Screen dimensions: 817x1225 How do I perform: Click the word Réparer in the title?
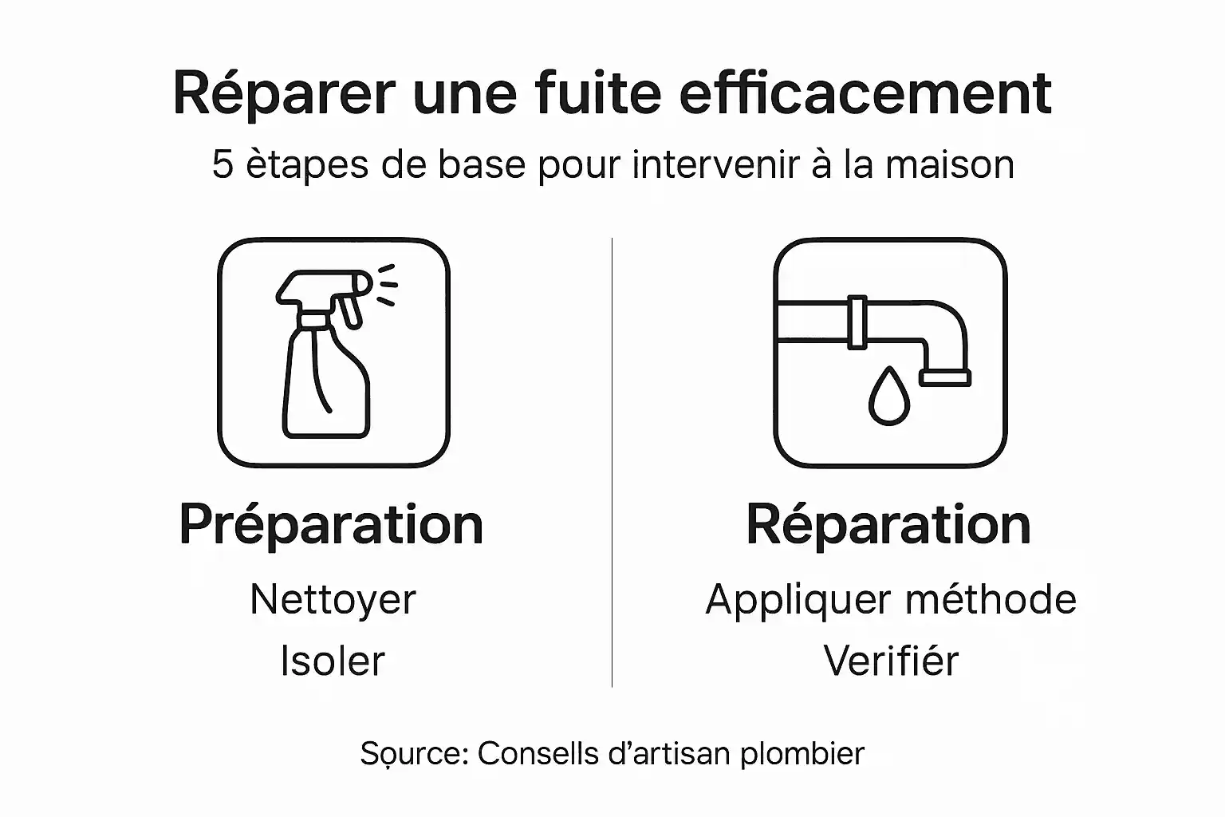[283, 94]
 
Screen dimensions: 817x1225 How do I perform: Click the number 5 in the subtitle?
[222, 165]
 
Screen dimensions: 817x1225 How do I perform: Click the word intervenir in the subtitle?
[715, 165]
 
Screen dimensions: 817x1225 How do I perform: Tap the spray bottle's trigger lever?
[349, 311]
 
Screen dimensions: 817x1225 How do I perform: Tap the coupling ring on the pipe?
[857, 322]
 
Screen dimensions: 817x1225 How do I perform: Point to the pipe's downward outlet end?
[945, 376]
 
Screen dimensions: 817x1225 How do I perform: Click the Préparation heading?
[331, 525]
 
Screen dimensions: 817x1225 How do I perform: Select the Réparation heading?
[888, 525]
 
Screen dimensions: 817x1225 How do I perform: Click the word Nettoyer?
[333, 600]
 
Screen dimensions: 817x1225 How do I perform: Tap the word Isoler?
[333, 661]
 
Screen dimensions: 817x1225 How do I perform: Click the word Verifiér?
[890, 661]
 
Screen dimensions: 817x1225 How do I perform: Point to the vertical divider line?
[612, 463]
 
